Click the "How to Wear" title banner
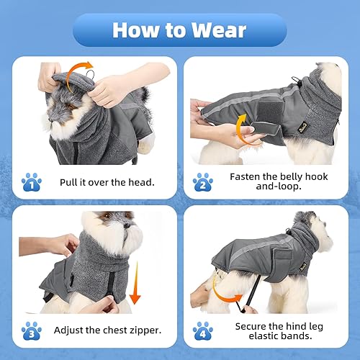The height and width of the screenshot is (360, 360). pos(180,30)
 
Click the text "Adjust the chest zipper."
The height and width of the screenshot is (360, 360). pos(107,330)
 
